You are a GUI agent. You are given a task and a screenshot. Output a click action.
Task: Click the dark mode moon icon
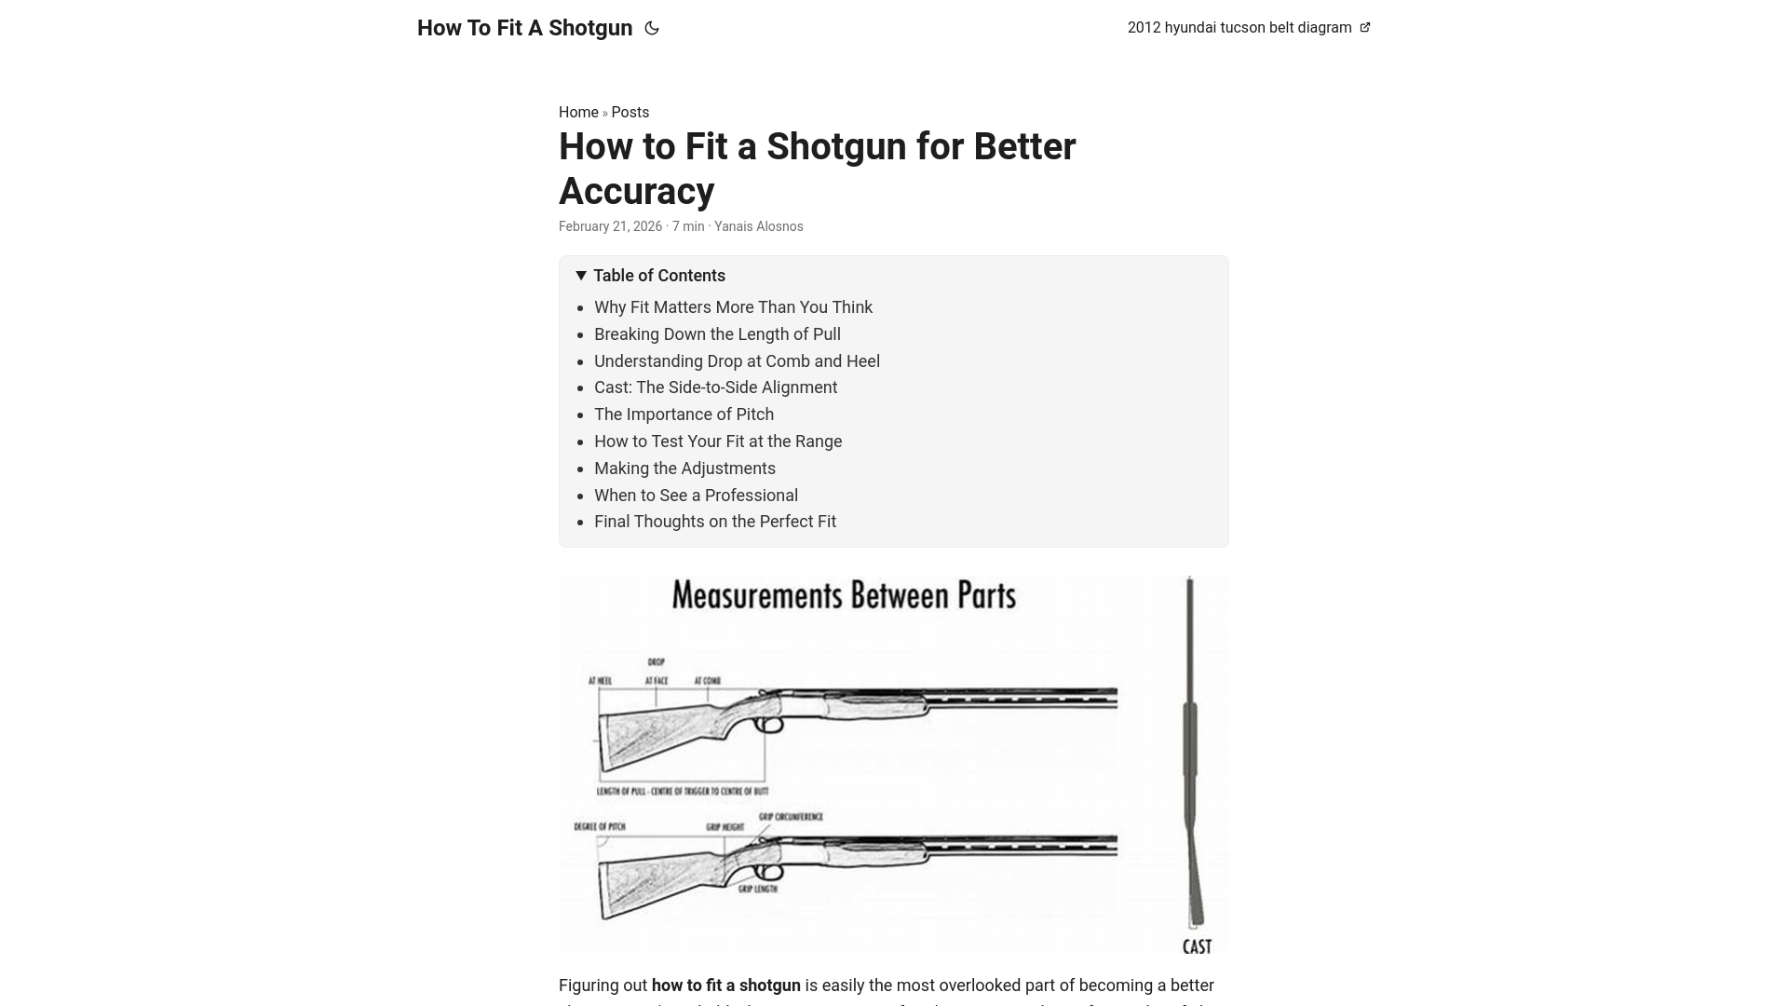point(652,28)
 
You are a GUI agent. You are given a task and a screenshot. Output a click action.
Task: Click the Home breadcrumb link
point(578,113)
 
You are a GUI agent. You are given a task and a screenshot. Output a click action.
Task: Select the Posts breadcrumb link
point(630,113)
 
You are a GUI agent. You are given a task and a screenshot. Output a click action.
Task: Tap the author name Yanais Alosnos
point(758,226)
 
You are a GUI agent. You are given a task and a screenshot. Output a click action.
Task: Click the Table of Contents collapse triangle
point(581,276)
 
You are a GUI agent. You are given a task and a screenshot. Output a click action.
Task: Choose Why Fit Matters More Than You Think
point(733,307)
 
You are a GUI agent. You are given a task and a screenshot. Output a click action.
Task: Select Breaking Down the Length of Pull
point(717,334)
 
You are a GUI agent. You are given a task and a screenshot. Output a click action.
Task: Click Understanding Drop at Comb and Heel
point(737,361)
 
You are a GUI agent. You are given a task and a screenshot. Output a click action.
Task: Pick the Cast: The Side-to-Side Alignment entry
point(715,387)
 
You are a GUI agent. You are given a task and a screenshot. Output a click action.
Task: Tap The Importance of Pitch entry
point(684,415)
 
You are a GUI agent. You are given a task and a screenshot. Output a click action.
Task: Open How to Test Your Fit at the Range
point(717,442)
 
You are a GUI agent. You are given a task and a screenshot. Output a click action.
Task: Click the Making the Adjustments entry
point(684,469)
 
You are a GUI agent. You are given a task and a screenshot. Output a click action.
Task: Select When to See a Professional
point(696,496)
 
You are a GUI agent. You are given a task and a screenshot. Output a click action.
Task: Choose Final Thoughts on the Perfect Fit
point(714,522)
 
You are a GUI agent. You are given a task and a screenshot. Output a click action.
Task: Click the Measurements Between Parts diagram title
point(844,596)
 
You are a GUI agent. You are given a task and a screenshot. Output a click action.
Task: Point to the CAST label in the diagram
point(1197,946)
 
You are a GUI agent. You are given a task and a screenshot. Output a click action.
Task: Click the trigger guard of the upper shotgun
point(769,724)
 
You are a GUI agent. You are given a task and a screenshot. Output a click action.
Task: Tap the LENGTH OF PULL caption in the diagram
point(682,791)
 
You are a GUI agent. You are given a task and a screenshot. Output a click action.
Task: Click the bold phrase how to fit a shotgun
point(725,986)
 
